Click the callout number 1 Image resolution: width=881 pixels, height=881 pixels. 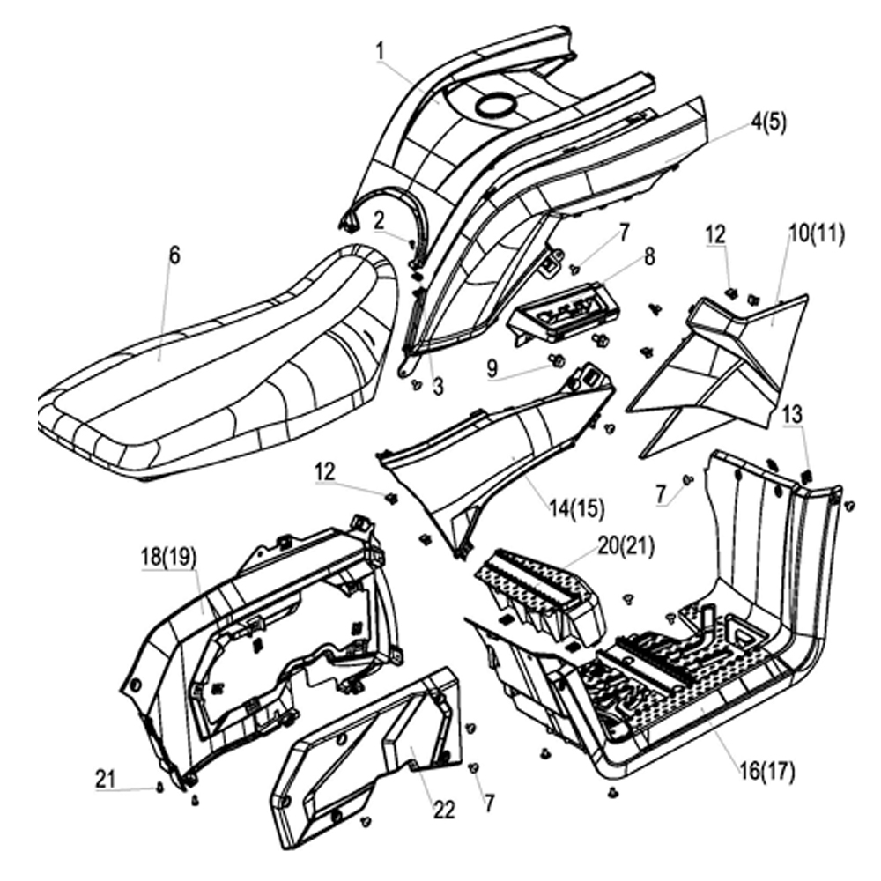(380, 52)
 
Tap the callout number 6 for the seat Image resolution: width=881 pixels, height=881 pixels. (174, 255)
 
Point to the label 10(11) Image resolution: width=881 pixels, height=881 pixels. (816, 233)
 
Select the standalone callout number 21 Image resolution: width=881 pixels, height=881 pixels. (106, 777)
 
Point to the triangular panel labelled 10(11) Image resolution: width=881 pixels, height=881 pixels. (714, 370)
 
